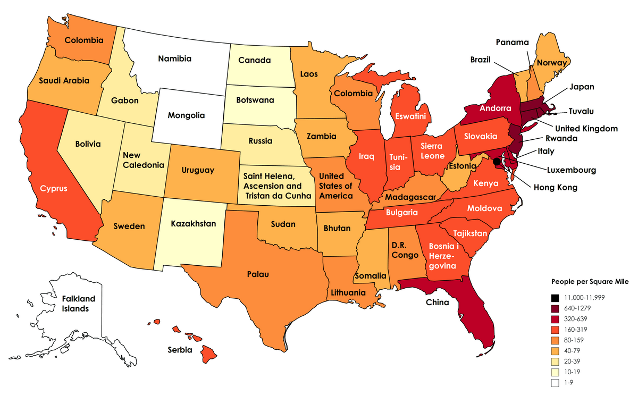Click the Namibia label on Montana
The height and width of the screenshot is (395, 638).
coord(174,58)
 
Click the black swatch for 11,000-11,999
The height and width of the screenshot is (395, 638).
coord(555,297)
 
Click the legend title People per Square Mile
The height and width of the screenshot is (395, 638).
coord(590,282)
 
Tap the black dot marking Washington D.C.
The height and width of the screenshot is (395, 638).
coord(497,161)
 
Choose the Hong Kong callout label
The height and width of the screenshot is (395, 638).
coord(555,187)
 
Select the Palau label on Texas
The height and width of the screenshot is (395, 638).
coord(257,274)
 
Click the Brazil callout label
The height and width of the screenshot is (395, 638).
coord(480,60)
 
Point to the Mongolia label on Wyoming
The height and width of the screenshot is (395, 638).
coord(186,115)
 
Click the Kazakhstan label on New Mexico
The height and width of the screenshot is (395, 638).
coord(194,224)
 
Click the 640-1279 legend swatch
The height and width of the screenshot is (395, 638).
coord(555,308)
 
